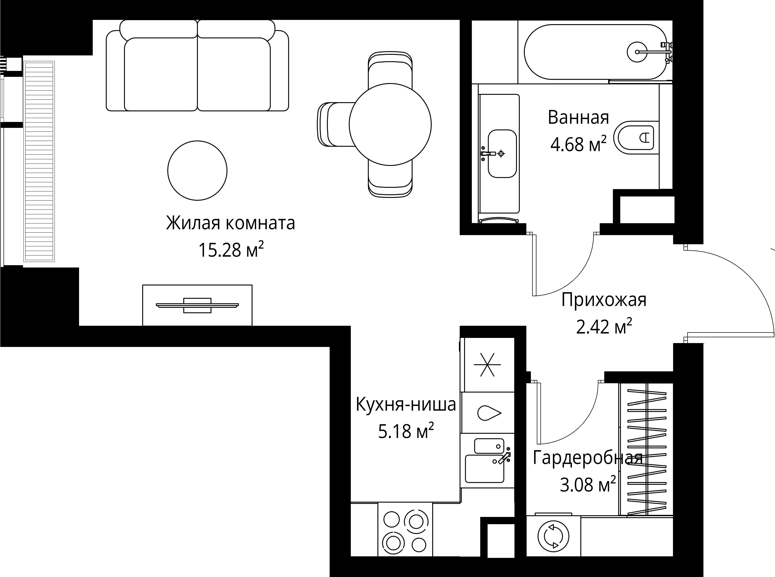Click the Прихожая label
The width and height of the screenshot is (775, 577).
coord(603,300)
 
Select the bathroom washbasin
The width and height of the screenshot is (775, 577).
coord(502,154)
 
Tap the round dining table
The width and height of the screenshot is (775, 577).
coord(390,124)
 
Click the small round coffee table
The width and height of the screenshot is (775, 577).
coord(197,171)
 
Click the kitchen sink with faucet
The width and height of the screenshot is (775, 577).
coord(487,461)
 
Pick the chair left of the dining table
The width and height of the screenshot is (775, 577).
coord(335,124)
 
